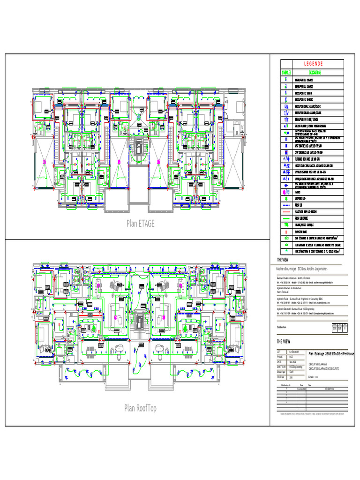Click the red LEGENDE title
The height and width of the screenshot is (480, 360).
[313, 64]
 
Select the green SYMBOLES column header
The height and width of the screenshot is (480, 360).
[286, 73]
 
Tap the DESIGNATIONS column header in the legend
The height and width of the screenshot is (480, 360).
[315, 73]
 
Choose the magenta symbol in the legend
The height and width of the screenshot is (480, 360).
[286, 192]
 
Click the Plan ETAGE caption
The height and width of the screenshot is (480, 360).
[140, 224]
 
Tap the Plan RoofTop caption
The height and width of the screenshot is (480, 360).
[140, 408]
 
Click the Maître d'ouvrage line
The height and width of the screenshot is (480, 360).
[302, 269]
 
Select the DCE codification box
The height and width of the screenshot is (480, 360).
[335, 329]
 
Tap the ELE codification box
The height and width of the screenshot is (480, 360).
[340, 329]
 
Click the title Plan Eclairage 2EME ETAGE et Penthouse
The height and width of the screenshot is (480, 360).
[331, 353]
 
